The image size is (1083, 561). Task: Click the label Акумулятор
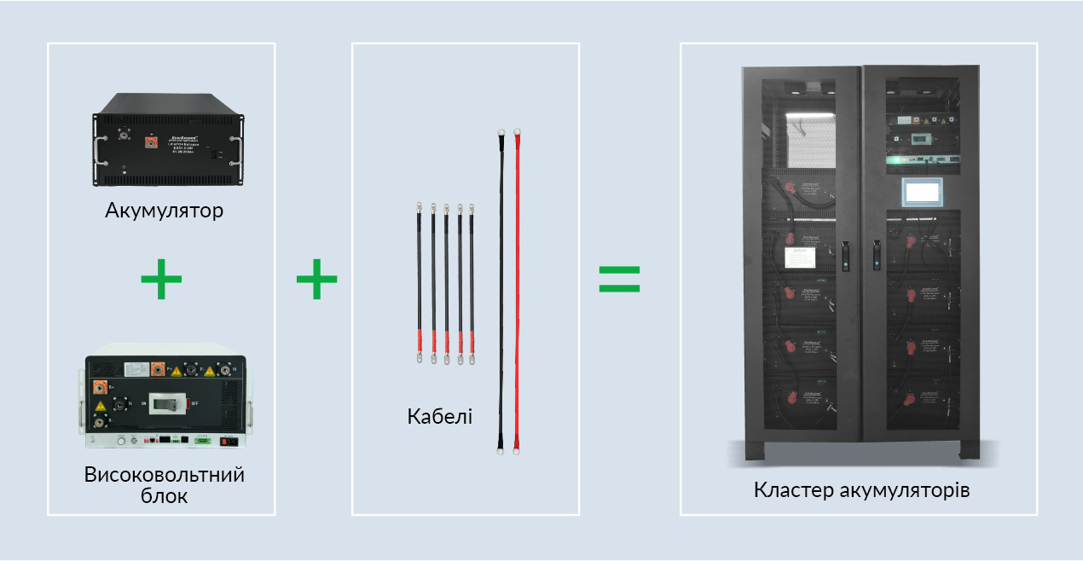tap(164, 210)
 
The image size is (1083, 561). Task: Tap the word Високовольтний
tap(164, 475)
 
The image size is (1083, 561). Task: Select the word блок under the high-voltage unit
tap(164, 495)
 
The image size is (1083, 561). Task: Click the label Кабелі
tap(439, 418)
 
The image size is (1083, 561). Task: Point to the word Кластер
tap(793, 490)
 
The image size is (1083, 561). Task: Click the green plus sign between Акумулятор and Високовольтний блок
tap(161, 280)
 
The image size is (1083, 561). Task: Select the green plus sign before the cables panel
tap(316, 280)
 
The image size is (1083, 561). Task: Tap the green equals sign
tap(619, 279)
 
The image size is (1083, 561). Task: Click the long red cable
tap(517, 290)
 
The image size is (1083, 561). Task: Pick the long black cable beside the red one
tap(500, 290)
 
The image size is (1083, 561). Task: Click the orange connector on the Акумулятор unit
tap(152, 142)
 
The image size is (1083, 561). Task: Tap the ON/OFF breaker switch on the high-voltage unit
tap(167, 405)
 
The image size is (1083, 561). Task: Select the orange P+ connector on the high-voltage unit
tap(159, 368)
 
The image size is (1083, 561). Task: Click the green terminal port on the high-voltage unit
tap(203, 440)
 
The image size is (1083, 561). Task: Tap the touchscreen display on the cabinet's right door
tap(920, 192)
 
